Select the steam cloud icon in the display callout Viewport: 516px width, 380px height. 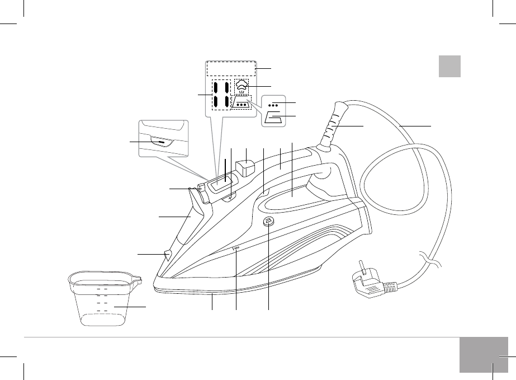click(242, 86)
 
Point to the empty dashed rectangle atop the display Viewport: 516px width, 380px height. click(231, 68)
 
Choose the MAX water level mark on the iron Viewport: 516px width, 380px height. click(236, 248)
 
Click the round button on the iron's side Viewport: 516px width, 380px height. click(268, 222)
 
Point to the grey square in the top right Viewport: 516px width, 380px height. click(449, 66)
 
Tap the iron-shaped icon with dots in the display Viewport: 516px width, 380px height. click(242, 104)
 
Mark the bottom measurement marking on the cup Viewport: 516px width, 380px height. click(102, 309)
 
